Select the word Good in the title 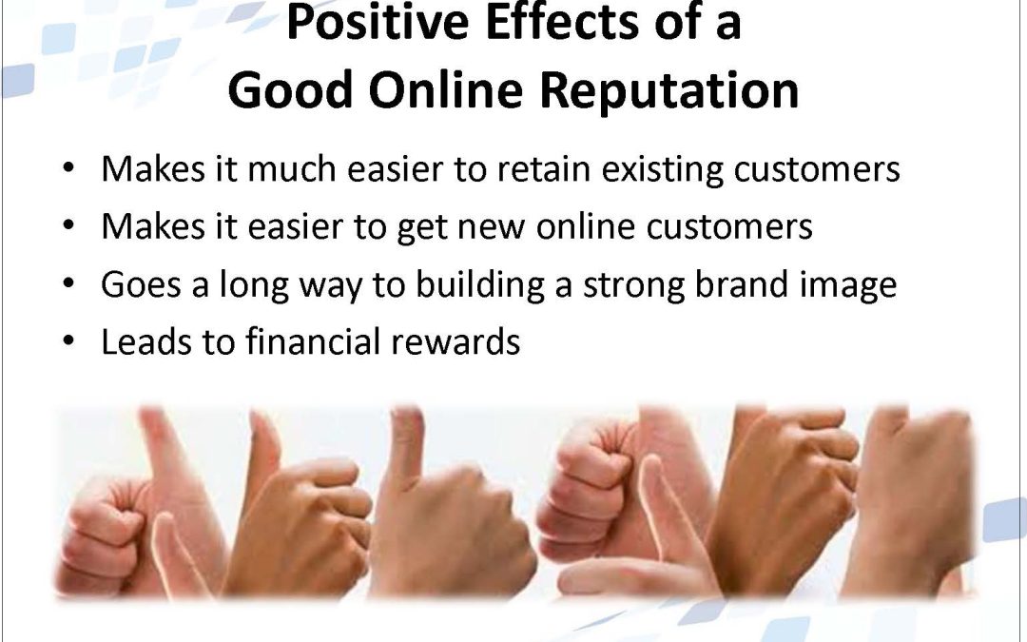(291, 89)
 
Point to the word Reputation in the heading (669, 91)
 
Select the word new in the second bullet (491, 227)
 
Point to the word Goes (141, 284)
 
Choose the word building (480, 285)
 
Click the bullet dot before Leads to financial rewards (68, 341)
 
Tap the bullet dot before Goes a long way (68, 283)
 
